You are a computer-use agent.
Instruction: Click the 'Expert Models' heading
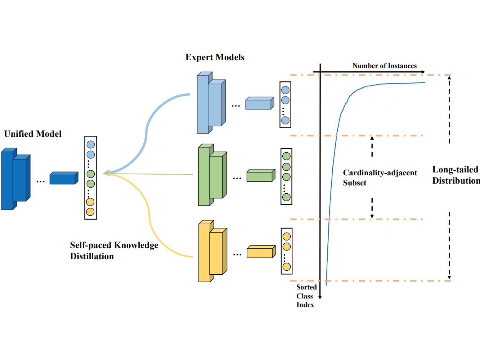coord(215,57)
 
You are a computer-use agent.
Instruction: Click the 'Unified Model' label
coord(33,134)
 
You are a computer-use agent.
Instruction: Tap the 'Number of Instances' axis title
coord(384,66)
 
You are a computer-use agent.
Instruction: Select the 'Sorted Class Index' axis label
coord(306,296)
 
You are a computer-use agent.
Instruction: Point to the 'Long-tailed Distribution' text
coord(456,175)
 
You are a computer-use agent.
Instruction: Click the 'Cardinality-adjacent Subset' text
coord(380,177)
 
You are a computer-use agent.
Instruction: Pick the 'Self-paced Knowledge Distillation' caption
coord(114,251)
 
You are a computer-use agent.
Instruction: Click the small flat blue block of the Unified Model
coord(63,178)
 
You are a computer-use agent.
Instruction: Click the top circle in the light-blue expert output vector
coord(285,90)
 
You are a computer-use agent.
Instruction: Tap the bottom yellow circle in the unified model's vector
coord(90,212)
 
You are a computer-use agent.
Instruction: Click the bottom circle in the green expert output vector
coord(286,197)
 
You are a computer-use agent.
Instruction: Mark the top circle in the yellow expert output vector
coord(287,237)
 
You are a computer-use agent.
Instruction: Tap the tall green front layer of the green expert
coord(204,176)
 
